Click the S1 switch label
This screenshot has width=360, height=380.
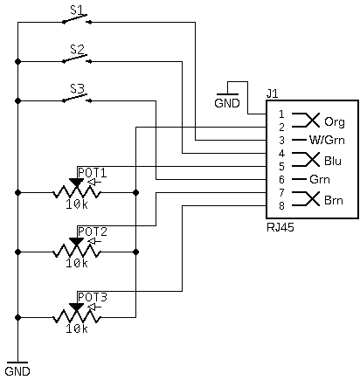77,10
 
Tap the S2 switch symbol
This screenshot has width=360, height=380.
77,59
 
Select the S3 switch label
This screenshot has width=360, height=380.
77,88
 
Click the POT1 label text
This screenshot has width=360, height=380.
93,173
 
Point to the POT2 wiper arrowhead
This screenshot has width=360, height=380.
77,241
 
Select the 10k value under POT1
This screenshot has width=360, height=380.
77,204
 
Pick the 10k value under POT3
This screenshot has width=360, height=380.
77,328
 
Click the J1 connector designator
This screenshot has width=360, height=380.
273,93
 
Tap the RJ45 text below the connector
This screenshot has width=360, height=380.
280,227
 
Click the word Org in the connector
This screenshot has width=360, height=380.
335,121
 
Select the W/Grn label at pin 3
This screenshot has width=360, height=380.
327,140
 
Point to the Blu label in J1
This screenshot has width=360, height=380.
333,161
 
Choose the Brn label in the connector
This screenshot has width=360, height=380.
334,200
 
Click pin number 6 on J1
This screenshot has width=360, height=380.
281,179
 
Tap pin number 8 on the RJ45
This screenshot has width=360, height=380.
281,205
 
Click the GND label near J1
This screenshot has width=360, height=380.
227,103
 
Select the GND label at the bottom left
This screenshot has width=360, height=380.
17,371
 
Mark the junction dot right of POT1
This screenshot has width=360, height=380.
135,192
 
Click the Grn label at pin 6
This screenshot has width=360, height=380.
320,179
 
